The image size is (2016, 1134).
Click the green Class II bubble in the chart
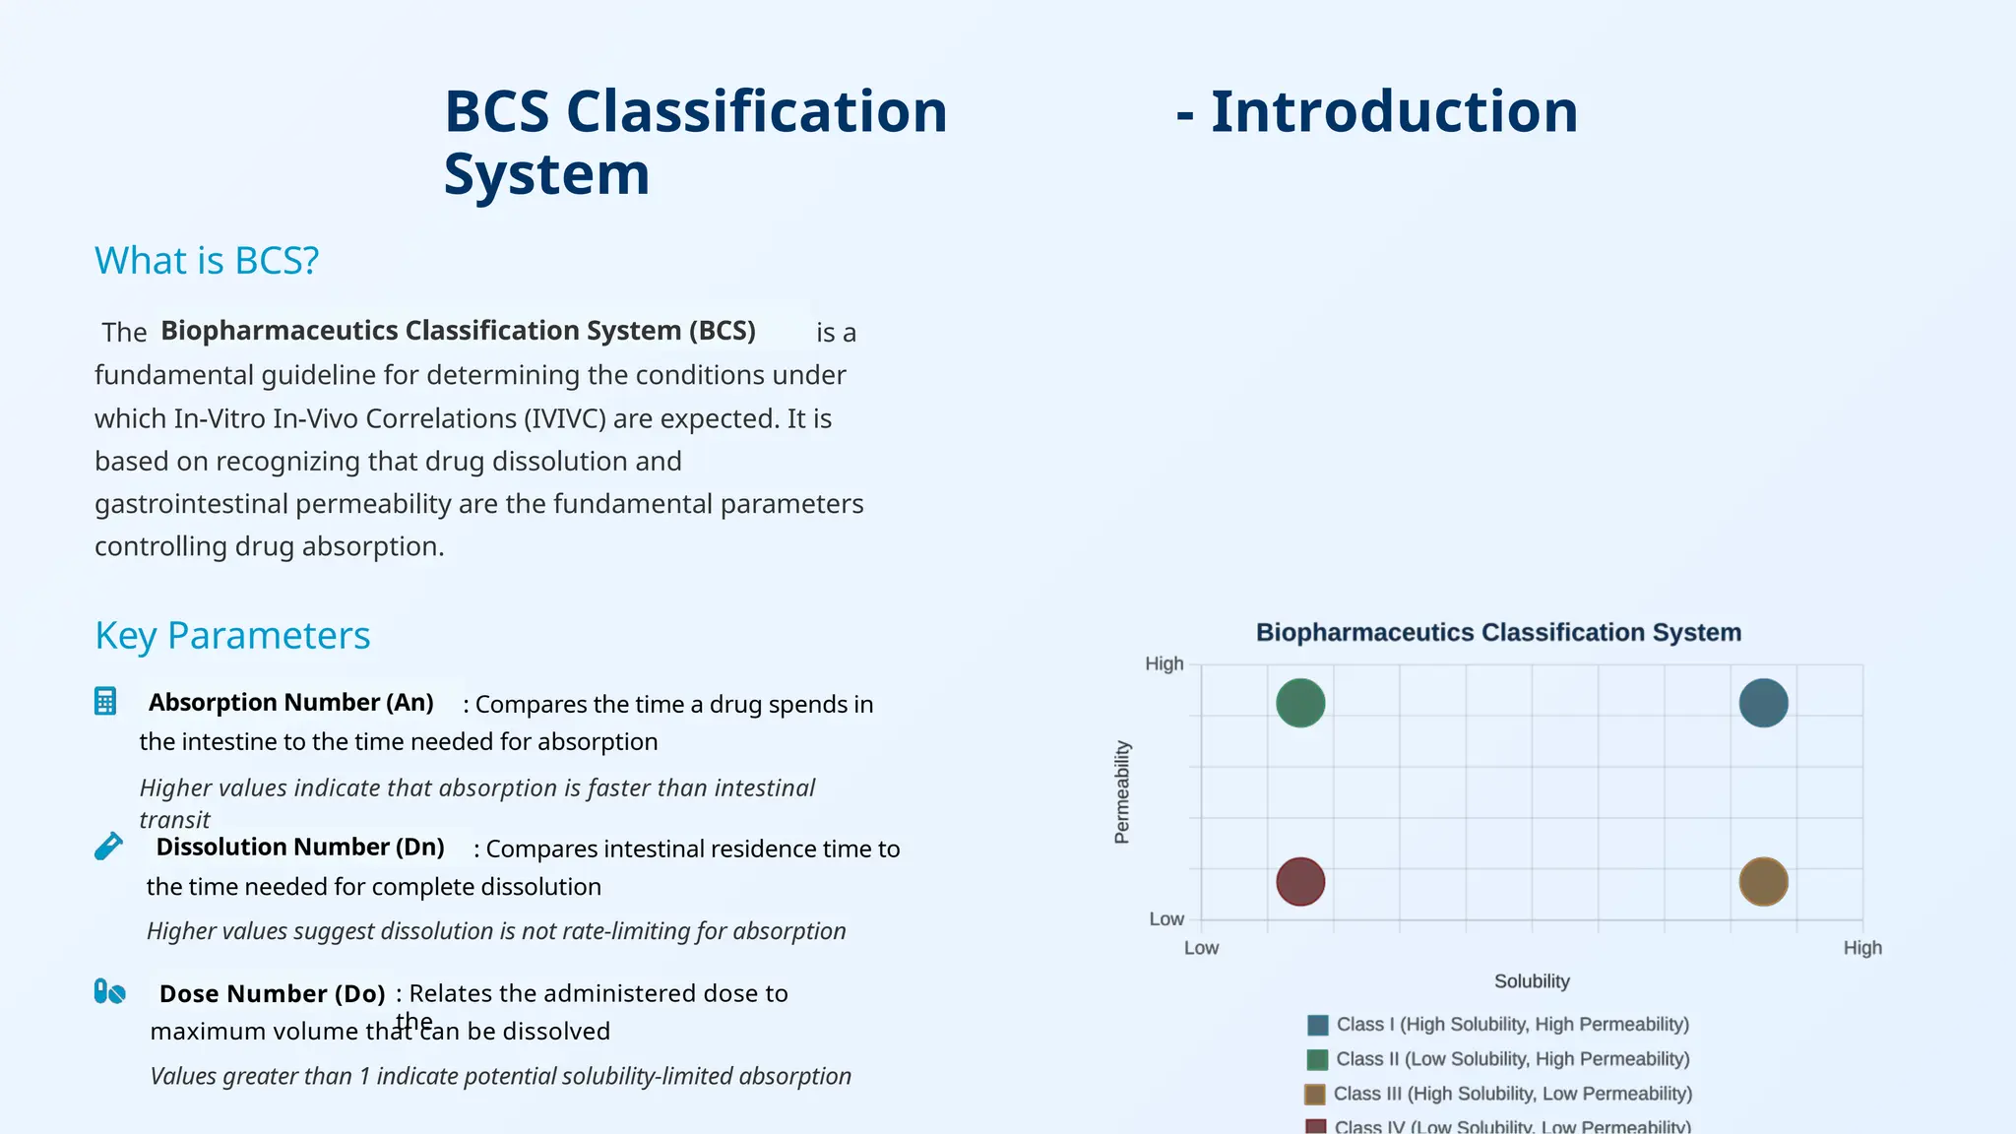tap(1300, 703)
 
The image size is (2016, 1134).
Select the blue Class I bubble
tap(1763, 703)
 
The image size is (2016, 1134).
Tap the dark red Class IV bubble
tap(1300, 881)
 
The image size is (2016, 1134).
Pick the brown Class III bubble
tap(1763, 881)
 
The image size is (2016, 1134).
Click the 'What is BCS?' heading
tap(207, 261)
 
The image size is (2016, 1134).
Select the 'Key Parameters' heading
tap(232, 636)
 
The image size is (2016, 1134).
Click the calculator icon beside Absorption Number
tap(105, 701)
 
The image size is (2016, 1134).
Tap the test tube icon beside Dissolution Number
tap(108, 847)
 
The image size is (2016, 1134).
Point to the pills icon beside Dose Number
tap(109, 991)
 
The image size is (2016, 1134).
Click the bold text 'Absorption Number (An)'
tap(290, 703)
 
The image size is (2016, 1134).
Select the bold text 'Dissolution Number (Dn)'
tap(300, 848)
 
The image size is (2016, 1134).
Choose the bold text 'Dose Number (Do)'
tap(272, 994)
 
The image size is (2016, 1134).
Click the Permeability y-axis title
tap(1121, 792)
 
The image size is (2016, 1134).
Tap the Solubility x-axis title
tap(1532, 981)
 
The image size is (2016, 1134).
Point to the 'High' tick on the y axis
tap(1164, 664)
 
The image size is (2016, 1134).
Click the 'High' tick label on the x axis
tap(1861, 948)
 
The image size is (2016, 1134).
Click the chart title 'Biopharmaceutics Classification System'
tap(1498, 633)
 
